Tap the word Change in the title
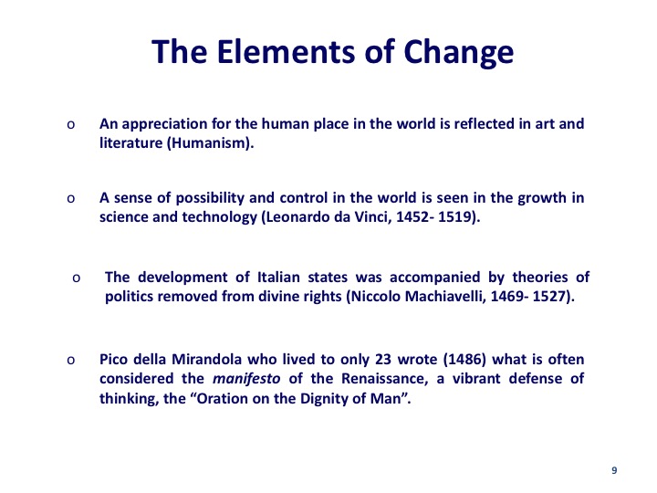pyautogui.click(x=458, y=54)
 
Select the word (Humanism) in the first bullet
pyautogui.click(x=211, y=143)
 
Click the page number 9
pyautogui.click(x=614, y=470)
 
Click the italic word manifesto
pyautogui.click(x=246, y=379)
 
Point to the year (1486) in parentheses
pyautogui.click(x=464, y=360)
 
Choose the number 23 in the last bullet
pyautogui.click(x=382, y=360)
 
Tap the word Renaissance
pyautogui.click(x=385, y=379)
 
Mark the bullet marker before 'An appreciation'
pyautogui.click(x=71, y=125)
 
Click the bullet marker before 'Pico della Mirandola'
pyautogui.click(x=71, y=361)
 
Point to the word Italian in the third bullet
pyautogui.click(x=278, y=278)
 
